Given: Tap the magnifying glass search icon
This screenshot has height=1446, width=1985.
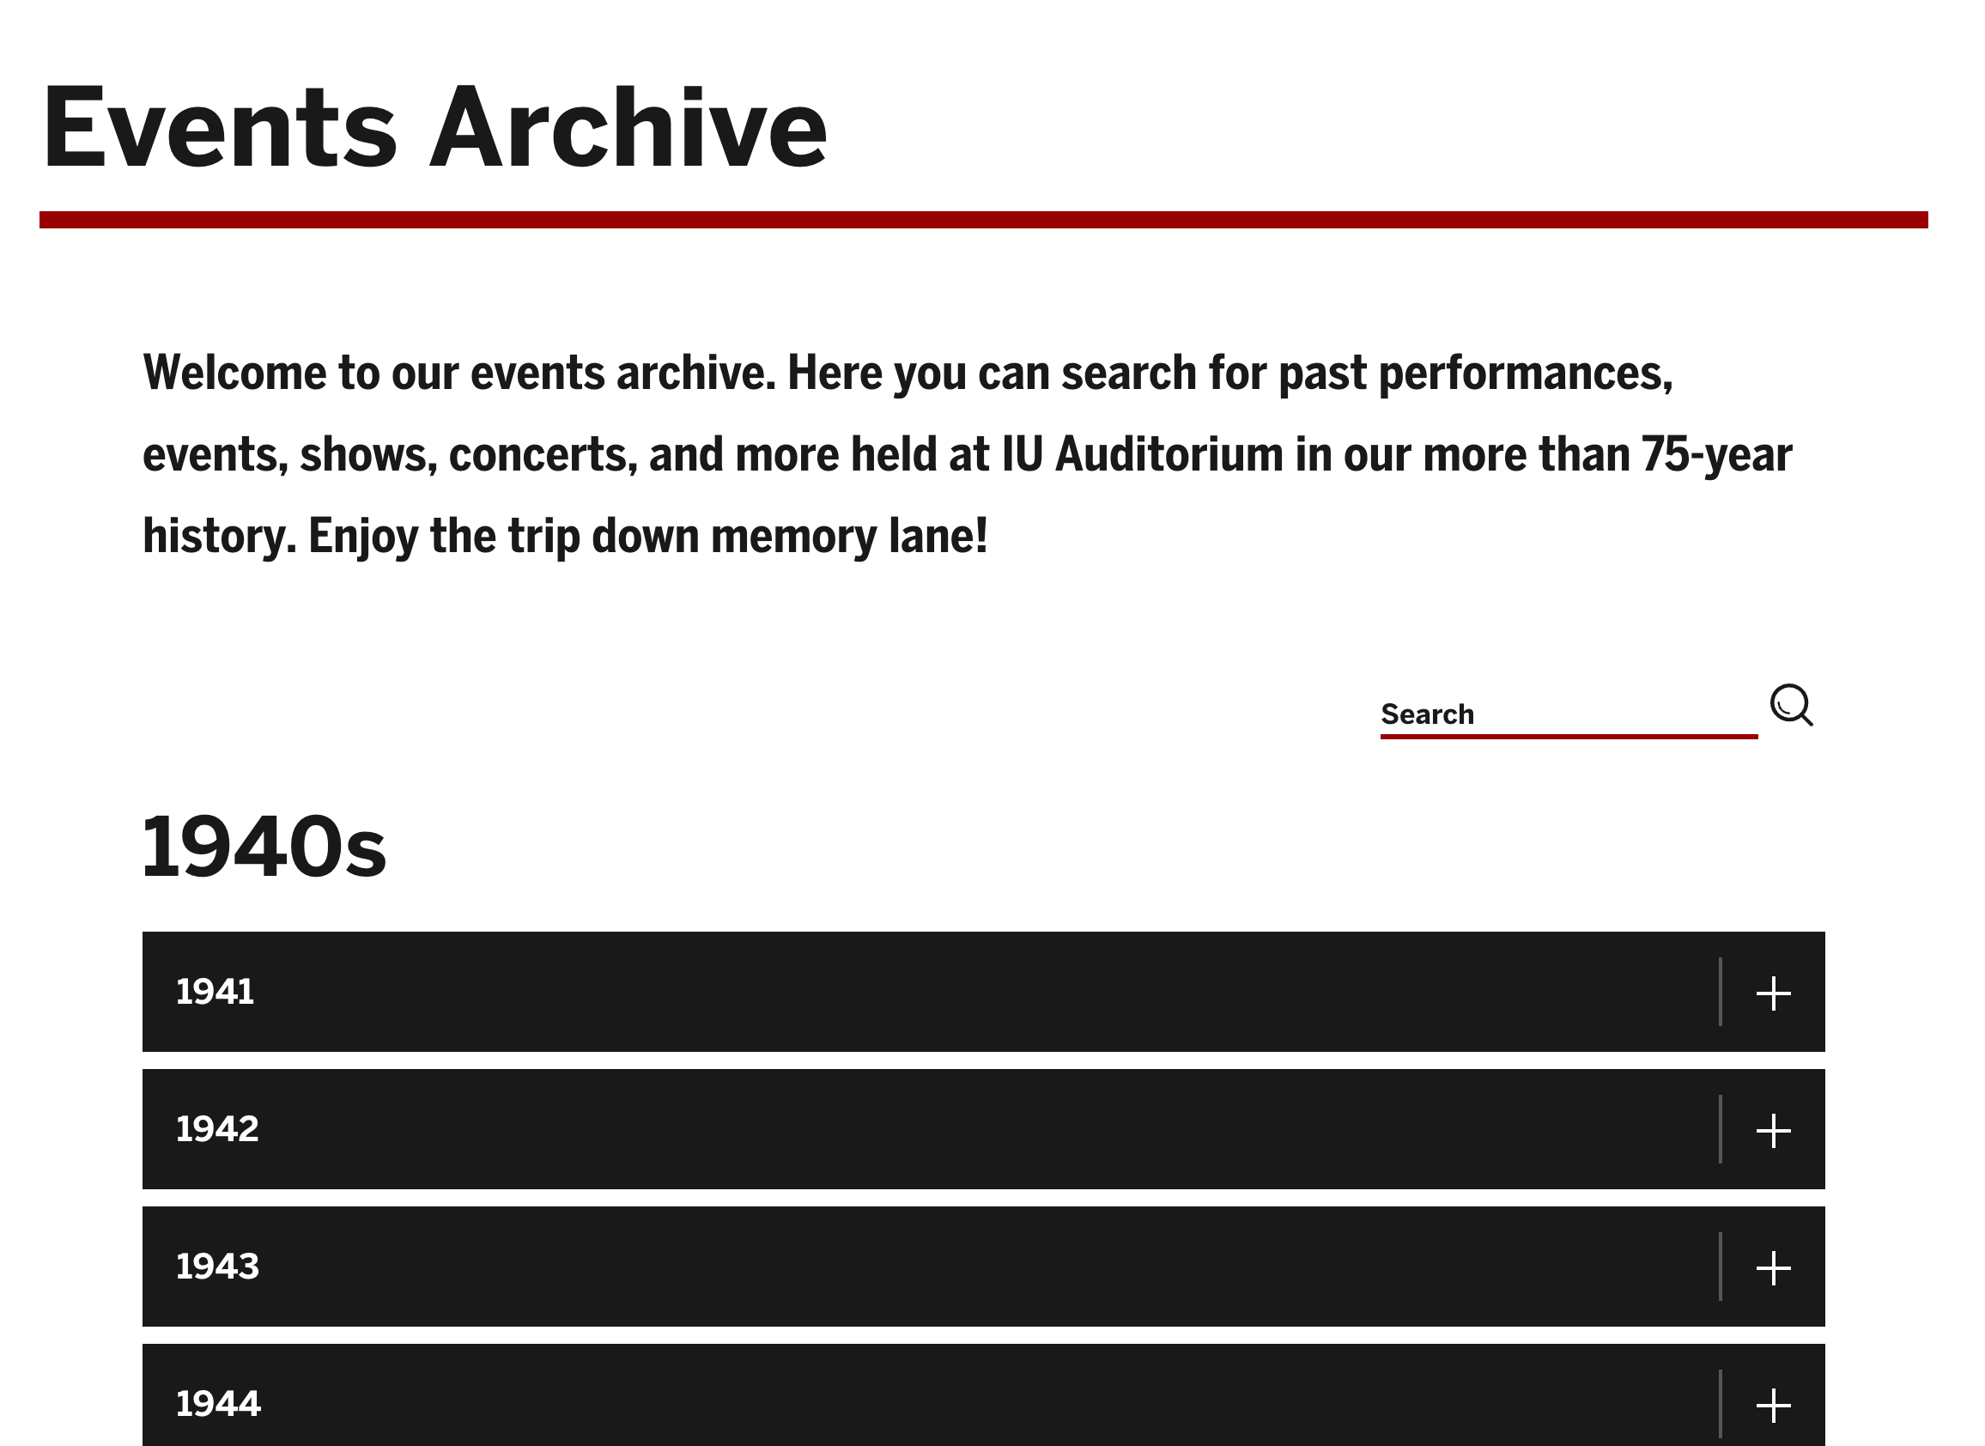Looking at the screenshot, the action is pos(1792,706).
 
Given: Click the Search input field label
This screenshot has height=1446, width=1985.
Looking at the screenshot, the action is pos(1428,714).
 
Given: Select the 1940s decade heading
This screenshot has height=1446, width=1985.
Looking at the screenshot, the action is pos(264,847).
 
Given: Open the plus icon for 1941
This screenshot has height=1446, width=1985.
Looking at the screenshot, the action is pos(1773,993).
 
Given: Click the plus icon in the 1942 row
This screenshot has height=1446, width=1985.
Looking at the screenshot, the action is pos(1773,1131).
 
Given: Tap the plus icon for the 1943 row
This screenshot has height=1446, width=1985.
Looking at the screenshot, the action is pos(1773,1268).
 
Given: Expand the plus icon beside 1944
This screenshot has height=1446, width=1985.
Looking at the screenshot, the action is pos(1773,1406).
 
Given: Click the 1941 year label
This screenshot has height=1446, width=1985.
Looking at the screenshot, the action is pos(215,992).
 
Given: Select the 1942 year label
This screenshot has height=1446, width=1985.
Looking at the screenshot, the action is pos(218,1129).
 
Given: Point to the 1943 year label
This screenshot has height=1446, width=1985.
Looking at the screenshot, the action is pos(218,1267).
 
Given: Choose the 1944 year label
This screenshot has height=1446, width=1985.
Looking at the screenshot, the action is pos(219,1404).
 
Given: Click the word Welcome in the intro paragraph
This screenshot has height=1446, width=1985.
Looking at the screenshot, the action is pos(234,373).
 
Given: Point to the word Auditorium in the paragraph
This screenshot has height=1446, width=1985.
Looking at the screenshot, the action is pos(1169,454).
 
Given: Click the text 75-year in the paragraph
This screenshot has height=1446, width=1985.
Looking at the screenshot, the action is pos(1716,456).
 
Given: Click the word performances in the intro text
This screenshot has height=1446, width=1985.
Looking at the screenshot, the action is pos(1526,374).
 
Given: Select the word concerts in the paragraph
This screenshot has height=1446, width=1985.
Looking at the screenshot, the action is pos(543,455).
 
